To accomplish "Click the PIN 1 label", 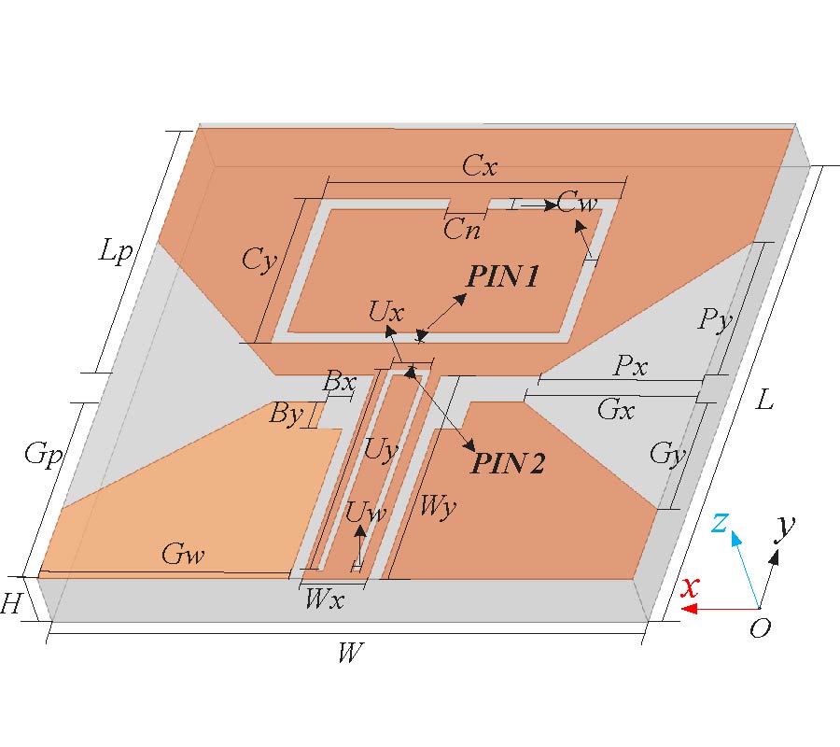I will [502, 276].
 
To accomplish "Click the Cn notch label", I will [462, 230].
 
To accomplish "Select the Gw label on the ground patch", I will [182, 556].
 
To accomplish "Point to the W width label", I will [349, 654].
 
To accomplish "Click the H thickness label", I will [11, 605].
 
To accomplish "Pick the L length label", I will [765, 402].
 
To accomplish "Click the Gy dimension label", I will [667, 456].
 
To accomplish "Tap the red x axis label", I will [690, 587].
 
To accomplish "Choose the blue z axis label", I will [720, 523].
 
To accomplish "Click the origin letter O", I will [761, 628].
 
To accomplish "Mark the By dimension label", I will [286, 413].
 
